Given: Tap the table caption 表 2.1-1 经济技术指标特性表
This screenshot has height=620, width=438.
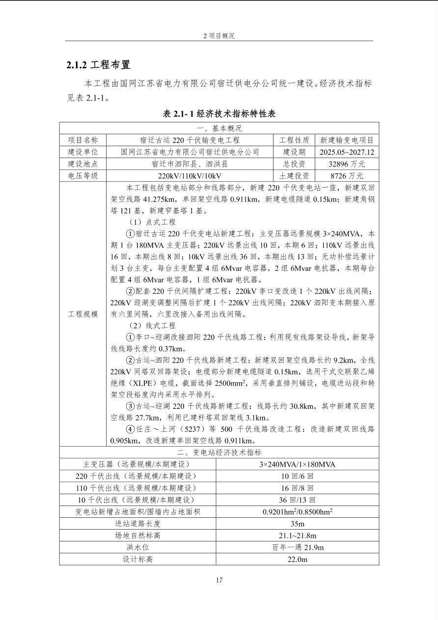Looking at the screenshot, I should coord(219,113).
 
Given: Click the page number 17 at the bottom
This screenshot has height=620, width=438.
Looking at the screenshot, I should coord(219,580).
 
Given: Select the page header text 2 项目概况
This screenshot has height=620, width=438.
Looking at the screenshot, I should coord(219,36).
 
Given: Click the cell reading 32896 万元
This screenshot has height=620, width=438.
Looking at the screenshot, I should coord(347,164).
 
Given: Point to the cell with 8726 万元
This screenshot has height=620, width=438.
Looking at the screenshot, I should coord(347,176).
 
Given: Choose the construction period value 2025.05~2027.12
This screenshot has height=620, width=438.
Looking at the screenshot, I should coord(347,152).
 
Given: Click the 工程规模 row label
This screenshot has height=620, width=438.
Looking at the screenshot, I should coord(83,314).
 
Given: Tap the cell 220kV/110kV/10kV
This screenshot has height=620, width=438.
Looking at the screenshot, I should coord(190,176).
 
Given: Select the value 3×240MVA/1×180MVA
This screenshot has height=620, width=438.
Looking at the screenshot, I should coord(297,464).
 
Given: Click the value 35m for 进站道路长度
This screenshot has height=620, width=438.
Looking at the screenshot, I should coord(297,524).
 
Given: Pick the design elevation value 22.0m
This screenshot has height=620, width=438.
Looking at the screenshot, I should coord(297,559).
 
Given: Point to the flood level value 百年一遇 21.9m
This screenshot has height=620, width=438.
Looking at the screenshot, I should coord(297,547).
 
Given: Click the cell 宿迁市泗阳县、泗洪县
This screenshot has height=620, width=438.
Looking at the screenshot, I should coord(190,164).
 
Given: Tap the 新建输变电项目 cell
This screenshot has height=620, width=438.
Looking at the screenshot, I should coord(347,141).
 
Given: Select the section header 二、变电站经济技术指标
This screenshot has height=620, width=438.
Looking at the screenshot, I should coord(219,452).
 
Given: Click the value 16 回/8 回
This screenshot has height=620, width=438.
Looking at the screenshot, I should coord(297,488).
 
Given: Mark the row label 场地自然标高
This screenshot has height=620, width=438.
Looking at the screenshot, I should coord(137,535).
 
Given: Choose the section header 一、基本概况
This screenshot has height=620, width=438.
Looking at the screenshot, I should coord(219,129).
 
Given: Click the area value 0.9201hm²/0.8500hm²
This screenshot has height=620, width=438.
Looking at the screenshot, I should coord(297,511).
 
